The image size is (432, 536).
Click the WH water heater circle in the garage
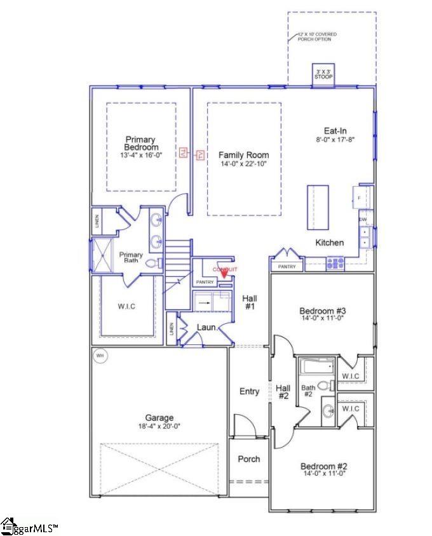(100, 356)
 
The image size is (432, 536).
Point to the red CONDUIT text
(225, 269)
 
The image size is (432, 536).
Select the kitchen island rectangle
(318, 207)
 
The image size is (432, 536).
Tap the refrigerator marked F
(360, 198)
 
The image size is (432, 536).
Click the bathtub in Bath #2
(316, 366)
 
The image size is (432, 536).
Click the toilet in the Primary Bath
(153, 262)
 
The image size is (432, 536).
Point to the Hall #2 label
(283, 392)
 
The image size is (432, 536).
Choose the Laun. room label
(207, 328)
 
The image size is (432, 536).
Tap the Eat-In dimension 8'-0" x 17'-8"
(334, 139)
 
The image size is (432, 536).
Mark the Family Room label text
(243, 155)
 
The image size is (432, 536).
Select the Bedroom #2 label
(323, 466)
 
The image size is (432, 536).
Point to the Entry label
(249, 391)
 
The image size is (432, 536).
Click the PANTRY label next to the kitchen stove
(287, 267)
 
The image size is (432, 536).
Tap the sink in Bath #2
(328, 411)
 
